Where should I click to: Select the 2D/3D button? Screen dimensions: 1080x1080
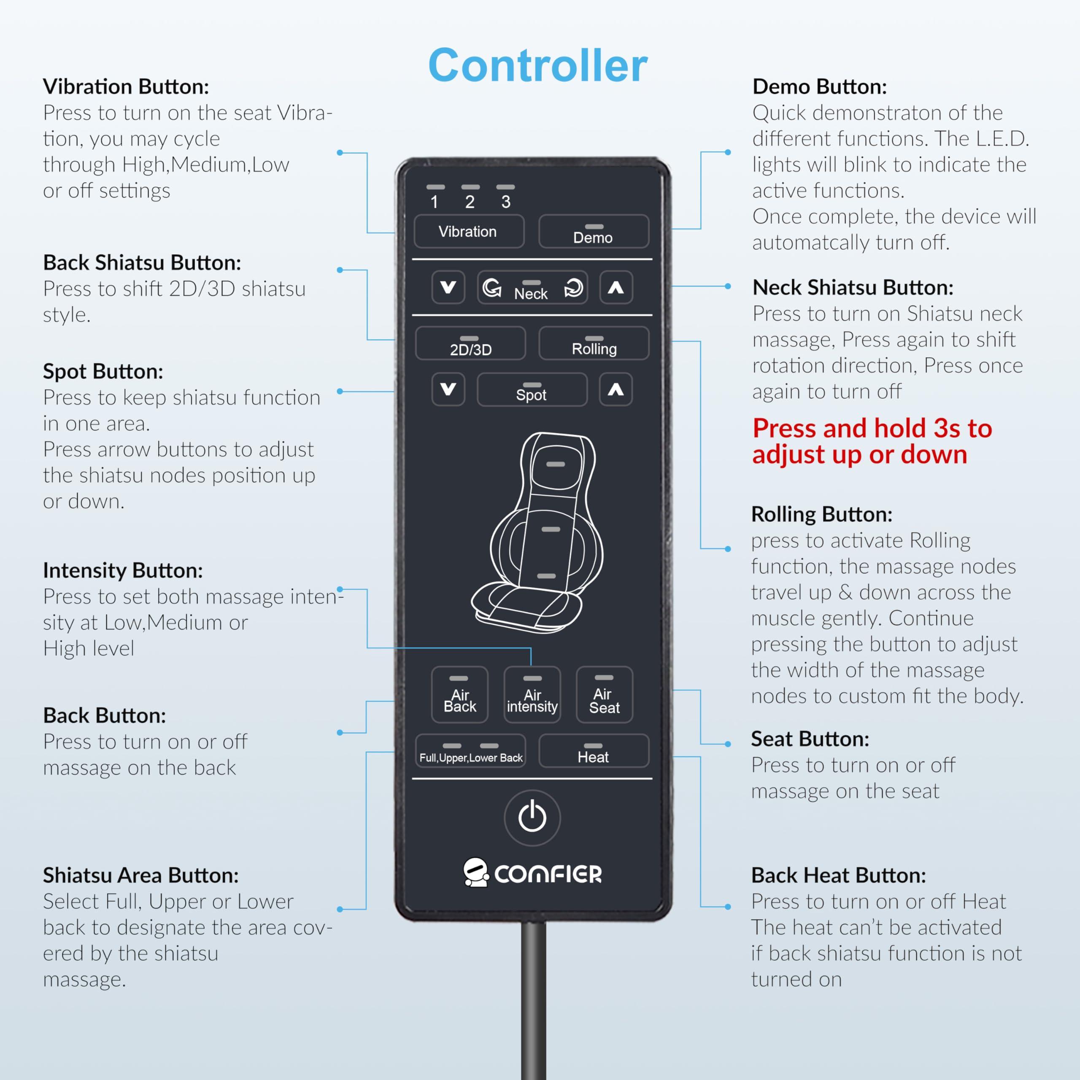coord(470,344)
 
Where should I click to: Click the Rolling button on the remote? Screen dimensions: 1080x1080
coord(594,344)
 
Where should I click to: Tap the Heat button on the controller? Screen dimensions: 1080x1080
coord(594,751)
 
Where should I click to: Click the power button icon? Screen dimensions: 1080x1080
coord(532,817)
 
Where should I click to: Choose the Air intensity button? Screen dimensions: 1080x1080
coord(532,695)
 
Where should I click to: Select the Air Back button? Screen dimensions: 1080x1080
coord(459,695)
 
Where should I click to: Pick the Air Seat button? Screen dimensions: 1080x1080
coord(604,695)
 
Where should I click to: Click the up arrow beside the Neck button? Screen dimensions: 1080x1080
coord(616,287)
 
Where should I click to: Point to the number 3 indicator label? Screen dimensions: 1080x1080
coord(505,202)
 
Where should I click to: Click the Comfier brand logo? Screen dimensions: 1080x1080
coord(532,872)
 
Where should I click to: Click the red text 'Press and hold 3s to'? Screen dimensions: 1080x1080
coord(872,428)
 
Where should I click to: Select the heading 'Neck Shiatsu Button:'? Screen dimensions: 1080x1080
coord(853,287)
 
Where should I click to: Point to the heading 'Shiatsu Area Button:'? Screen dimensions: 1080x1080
coord(141,875)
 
